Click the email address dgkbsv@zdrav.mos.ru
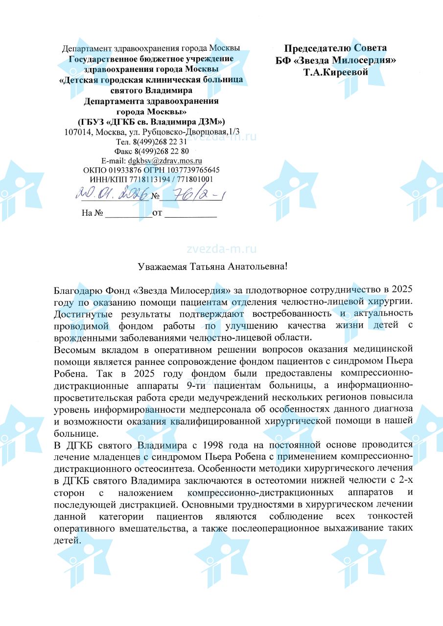[165, 160]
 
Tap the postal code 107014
[79, 133]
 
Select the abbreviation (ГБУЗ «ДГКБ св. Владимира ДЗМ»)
[151, 121]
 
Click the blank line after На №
[129, 213]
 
